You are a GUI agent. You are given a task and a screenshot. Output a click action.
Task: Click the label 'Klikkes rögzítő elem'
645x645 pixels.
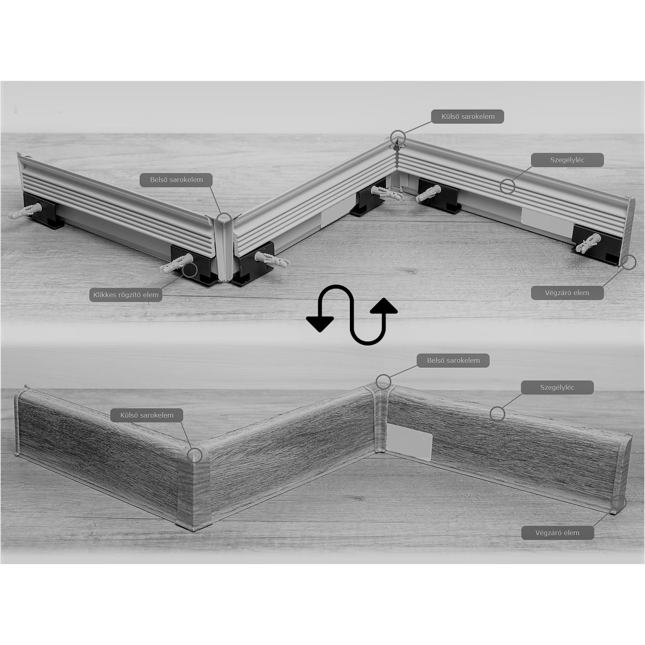[x=126, y=295]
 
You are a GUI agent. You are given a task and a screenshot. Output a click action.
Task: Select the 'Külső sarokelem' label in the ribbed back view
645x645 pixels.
[x=468, y=117]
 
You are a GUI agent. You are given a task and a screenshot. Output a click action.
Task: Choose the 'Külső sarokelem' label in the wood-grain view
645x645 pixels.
[x=147, y=415]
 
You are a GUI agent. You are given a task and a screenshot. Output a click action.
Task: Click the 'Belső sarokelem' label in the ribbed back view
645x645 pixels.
[x=176, y=180]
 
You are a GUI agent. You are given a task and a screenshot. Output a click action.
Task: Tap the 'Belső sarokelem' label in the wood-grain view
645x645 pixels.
[x=453, y=361]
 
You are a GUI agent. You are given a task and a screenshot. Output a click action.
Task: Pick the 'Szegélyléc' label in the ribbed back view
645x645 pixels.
[x=568, y=160]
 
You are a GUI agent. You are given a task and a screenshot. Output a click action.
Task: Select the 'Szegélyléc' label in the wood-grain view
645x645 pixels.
[x=557, y=388]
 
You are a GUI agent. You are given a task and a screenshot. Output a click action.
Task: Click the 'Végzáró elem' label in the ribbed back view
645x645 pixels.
[x=568, y=293]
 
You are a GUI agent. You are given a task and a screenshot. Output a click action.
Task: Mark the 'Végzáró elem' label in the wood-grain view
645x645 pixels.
[x=557, y=533]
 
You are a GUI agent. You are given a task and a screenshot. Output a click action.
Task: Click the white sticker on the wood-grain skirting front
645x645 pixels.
[x=410, y=443]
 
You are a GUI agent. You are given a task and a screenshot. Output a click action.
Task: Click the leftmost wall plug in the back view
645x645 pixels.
[x=25, y=211]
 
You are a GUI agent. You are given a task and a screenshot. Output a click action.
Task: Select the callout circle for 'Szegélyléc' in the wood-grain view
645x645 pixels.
[x=497, y=414]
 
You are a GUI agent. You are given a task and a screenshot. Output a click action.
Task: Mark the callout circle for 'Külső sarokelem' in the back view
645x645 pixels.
[x=398, y=137]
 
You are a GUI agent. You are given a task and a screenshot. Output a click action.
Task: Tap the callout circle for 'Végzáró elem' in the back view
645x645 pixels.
[x=628, y=262]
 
